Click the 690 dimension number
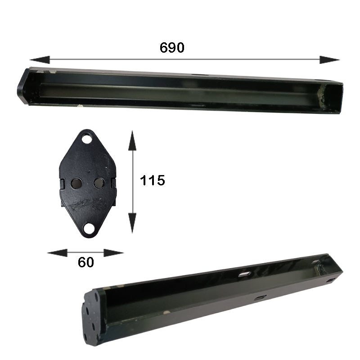pos(172,48)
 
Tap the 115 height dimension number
pos(153,180)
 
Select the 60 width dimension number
pos(86,262)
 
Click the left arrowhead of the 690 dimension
pos(40,60)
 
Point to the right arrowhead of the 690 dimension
pos(330,60)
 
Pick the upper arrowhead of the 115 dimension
pos(132,140)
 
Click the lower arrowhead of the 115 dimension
pos(132,223)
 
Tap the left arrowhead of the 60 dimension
pos(57,253)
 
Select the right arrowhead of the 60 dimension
pos(114,253)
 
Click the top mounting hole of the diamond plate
pos(87,139)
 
